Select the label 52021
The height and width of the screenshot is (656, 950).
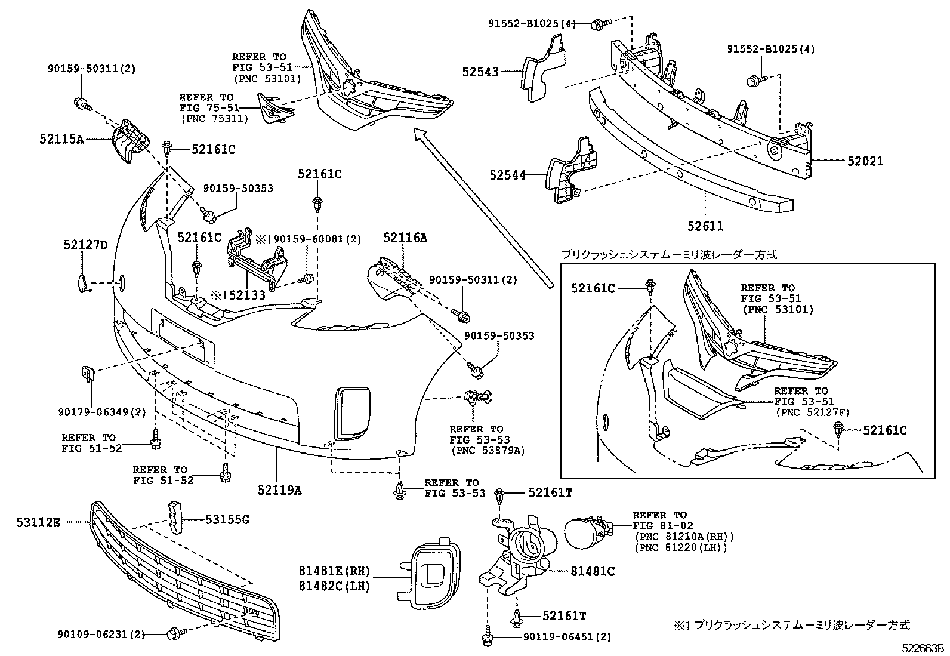click(x=864, y=161)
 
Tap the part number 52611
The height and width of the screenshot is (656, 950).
click(x=705, y=226)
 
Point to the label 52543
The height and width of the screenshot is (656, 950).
click(x=480, y=72)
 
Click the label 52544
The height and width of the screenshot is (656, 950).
click(x=507, y=175)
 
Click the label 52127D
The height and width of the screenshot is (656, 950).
click(x=85, y=245)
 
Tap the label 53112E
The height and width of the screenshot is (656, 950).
click(x=38, y=522)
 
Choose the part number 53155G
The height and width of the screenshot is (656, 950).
click(x=227, y=520)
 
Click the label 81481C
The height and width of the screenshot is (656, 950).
click(x=593, y=571)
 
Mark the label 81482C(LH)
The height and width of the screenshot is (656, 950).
click(x=335, y=586)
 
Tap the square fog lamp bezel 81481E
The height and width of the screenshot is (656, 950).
click(x=430, y=572)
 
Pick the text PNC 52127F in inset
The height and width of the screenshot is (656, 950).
click(x=812, y=412)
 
